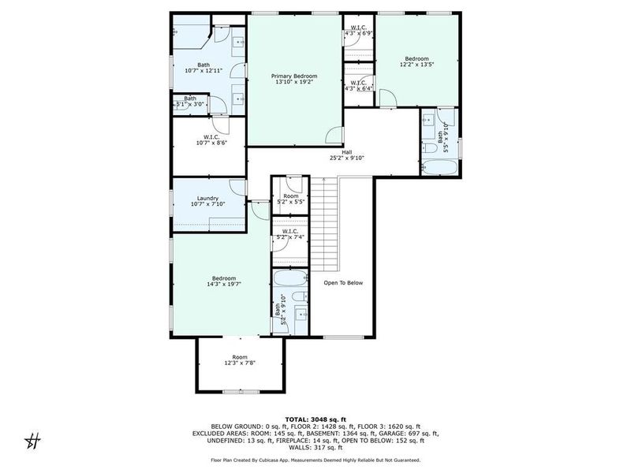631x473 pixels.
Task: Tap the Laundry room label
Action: [207, 199]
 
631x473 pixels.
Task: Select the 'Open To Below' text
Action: [343, 283]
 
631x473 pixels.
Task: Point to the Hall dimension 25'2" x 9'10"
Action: [346, 158]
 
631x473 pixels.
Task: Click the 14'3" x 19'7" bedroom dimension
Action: [223, 284]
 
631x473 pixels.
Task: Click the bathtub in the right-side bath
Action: [439, 167]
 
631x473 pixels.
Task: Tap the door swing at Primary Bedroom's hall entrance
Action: [335, 136]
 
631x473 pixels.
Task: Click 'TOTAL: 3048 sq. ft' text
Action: [315, 420]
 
